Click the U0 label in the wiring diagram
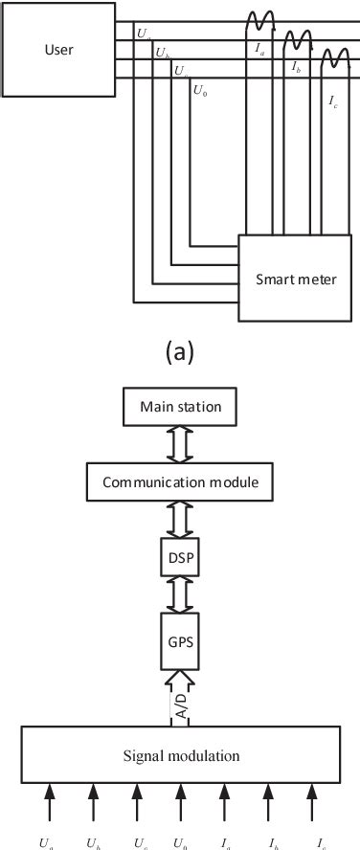pyautogui.click(x=199, y=92)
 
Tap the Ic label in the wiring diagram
pyautogui.click(x=332, y=100)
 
